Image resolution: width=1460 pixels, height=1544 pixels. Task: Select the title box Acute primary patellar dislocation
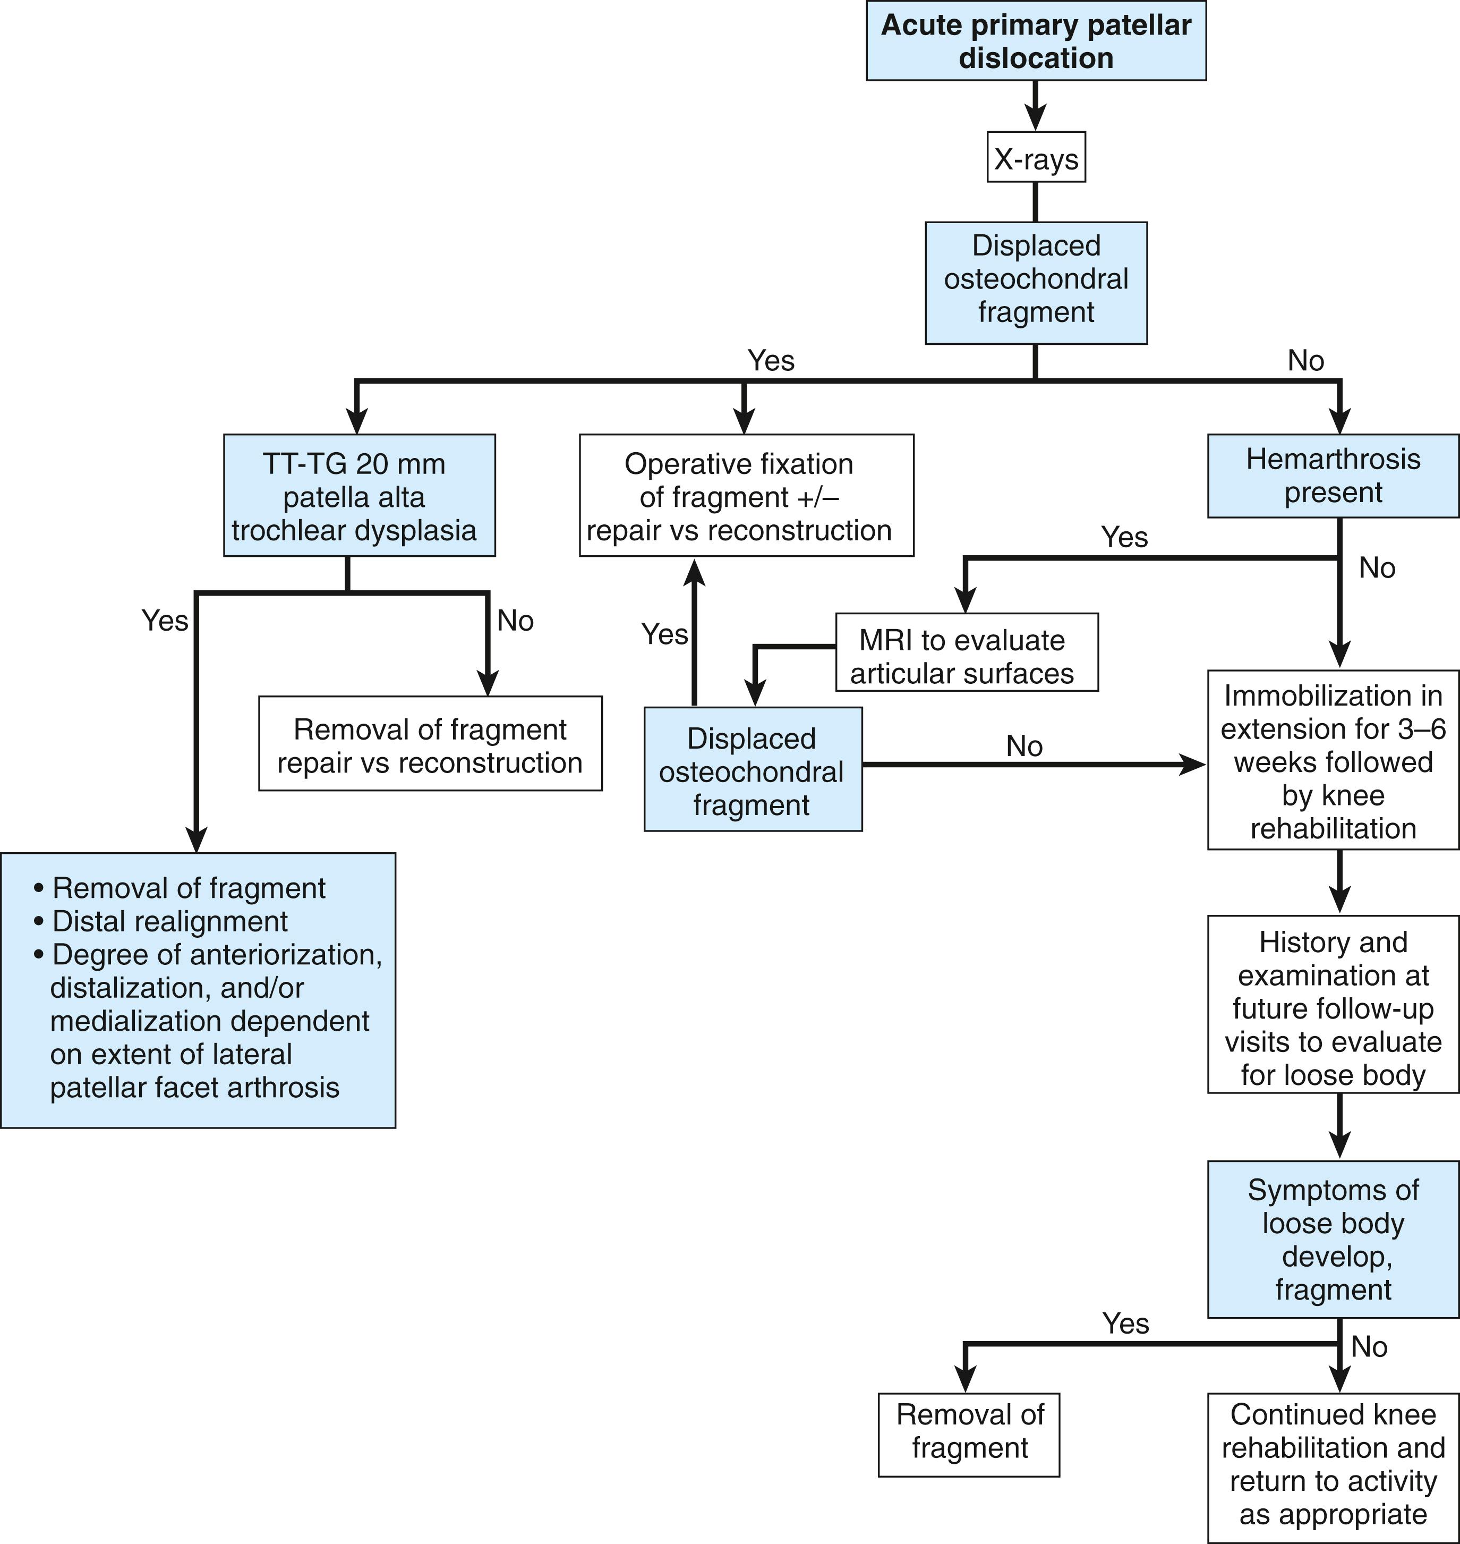pos(1036,41)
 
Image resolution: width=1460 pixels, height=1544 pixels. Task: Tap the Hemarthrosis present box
pos(1333,476)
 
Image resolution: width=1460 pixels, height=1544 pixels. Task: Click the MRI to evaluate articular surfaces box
pos(966,656)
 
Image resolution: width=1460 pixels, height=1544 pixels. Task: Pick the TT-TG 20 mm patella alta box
pos(359,496)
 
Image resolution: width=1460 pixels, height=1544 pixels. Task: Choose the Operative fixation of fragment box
pos(746,496)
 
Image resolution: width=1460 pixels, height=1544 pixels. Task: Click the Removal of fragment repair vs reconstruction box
pos(430,745)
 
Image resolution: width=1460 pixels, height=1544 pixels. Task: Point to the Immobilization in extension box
pos(1333,761)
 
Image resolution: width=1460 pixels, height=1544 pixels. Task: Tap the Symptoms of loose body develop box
pos(1333,1240)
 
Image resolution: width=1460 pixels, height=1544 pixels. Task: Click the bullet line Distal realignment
pos(169,921)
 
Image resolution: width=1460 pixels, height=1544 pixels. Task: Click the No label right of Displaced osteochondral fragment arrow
pos(1023,746)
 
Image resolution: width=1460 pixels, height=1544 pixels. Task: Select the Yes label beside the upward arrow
pos(664,634)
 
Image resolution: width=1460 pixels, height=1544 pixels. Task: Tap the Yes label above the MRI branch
pos(1124,537)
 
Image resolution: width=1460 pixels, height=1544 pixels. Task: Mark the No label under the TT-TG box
pos(515,621)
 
